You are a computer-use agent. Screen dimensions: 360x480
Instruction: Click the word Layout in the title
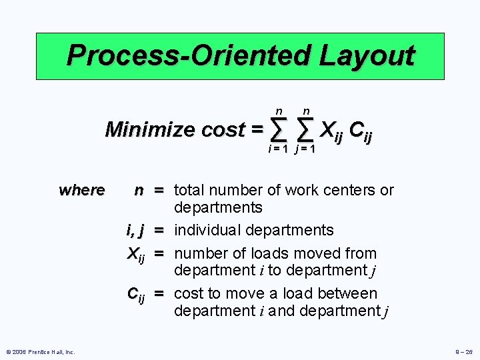pos(367,55)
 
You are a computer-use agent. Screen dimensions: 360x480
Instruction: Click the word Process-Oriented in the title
pos(190,55)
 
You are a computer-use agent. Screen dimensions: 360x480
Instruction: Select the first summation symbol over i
pos(280,128)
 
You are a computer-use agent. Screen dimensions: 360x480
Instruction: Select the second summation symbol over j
pos(306,128)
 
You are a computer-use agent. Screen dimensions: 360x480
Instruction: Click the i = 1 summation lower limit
pos(277,149)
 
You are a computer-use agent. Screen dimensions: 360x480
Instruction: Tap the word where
pos(81,190)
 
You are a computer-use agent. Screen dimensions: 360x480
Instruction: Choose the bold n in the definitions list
pos(138,190)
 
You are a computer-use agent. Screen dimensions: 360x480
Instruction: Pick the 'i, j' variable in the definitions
pos(136,231)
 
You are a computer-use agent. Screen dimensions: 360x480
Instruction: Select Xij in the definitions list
pos(135,254)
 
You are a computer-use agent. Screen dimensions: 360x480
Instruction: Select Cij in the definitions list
pos(136,294)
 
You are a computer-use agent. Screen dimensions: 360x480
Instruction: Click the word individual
pos(207,231)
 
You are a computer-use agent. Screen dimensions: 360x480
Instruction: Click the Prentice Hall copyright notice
pos(41,351)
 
